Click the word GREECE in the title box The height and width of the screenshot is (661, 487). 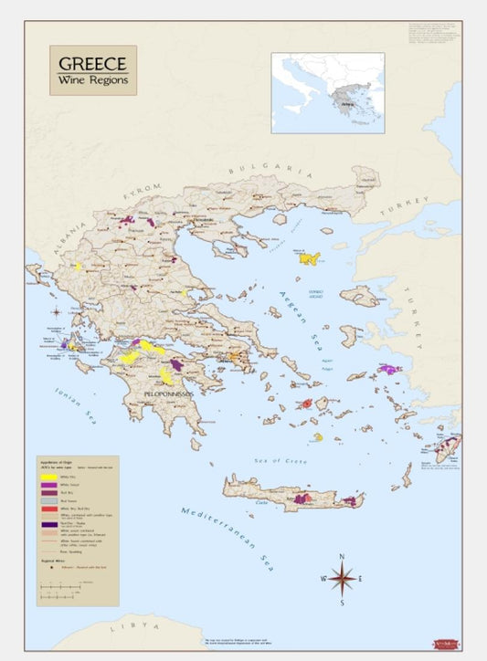tap(92, 64)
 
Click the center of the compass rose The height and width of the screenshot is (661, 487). tap(342, 578)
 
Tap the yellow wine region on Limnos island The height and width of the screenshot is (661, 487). tap(308, 258)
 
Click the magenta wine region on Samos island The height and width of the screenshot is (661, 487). tap(390, 369)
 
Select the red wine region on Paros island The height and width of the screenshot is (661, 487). tap(308, 403)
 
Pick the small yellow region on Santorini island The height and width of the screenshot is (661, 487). tap(318, 437)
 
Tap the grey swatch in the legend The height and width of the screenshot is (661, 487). tap(48, 501)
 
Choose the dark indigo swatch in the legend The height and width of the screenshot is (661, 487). tap(48, 525)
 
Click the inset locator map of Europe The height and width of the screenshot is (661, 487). tap(327, 88)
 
